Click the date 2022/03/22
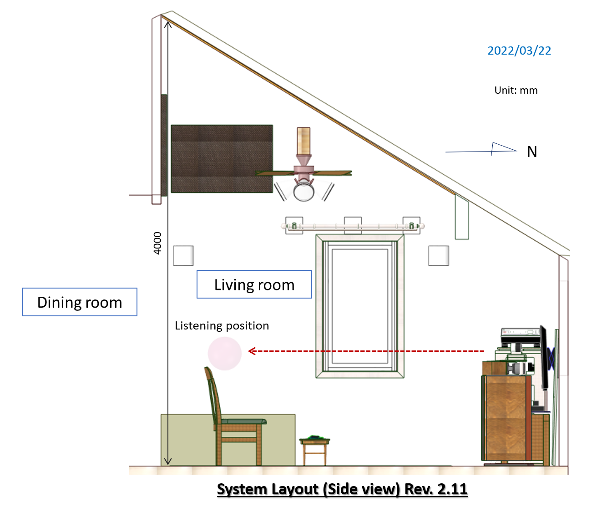coord(519,51)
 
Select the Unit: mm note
coord(516,90)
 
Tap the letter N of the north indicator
coord(532,152)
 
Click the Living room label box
coord(254,284)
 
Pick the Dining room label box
coord(80,302)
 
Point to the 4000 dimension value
coord(157,243)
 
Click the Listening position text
coord(222,326)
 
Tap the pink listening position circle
coord(225,353)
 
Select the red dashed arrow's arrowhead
coord(252,351)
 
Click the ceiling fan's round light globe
coord(304,191)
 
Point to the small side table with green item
coord(314,450)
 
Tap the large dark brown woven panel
coord(222,159)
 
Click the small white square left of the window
coord(183,256)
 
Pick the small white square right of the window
coord(439,256)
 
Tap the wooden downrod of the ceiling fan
coord(304,141)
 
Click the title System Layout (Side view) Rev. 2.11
coord(342,489)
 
